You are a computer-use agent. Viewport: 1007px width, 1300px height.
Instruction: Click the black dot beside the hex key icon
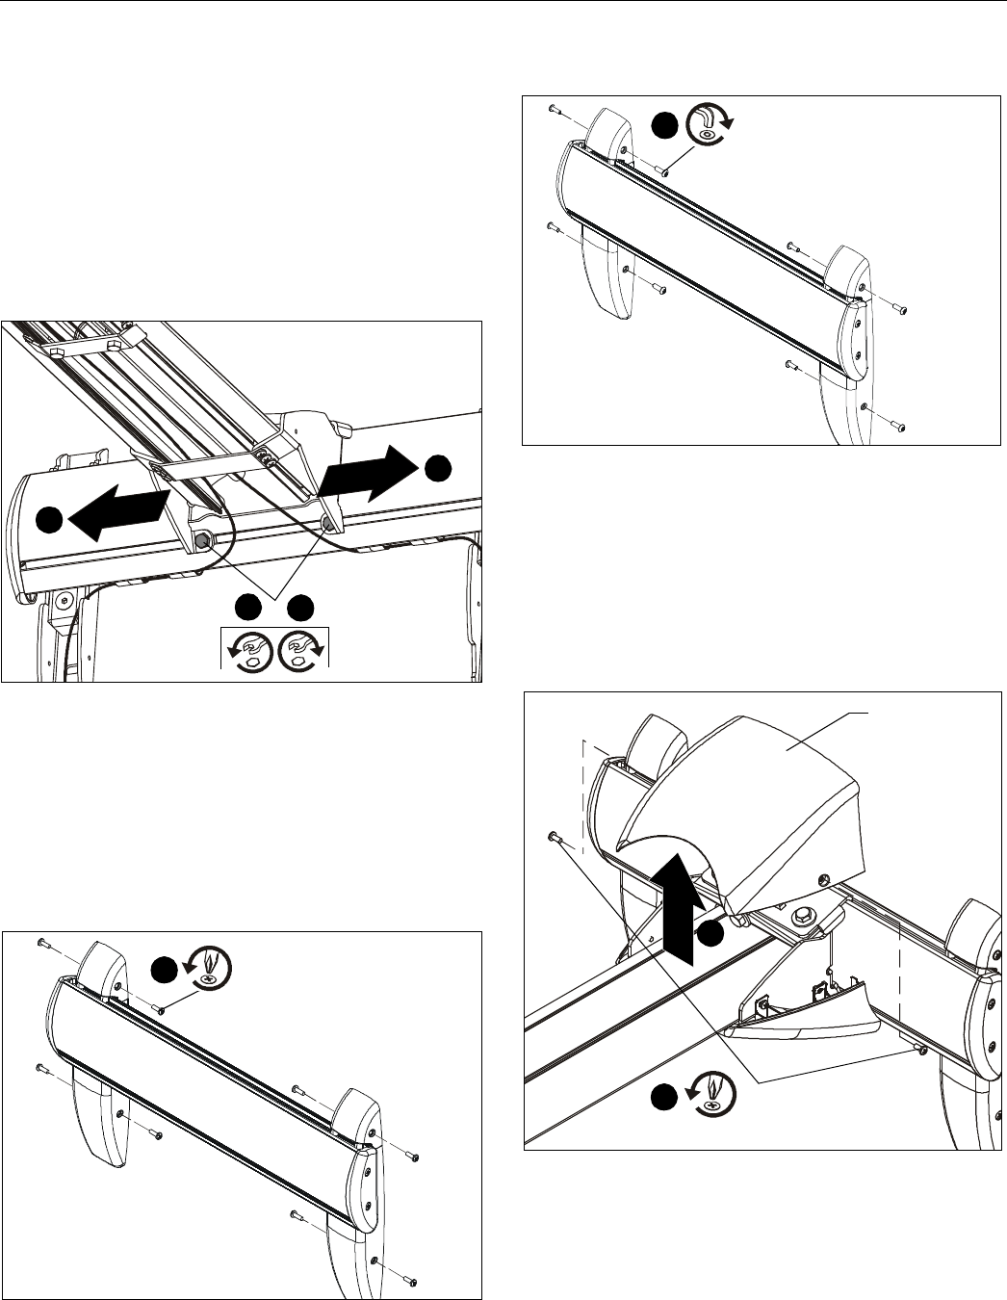click(x=662, y=127)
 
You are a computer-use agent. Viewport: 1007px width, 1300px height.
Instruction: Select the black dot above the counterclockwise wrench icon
click(x=248, y=606)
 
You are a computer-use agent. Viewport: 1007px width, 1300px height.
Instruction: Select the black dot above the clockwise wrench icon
click(x=301, y=606)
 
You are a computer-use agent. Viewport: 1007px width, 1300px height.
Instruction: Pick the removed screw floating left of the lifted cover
click(x=555, y=837)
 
